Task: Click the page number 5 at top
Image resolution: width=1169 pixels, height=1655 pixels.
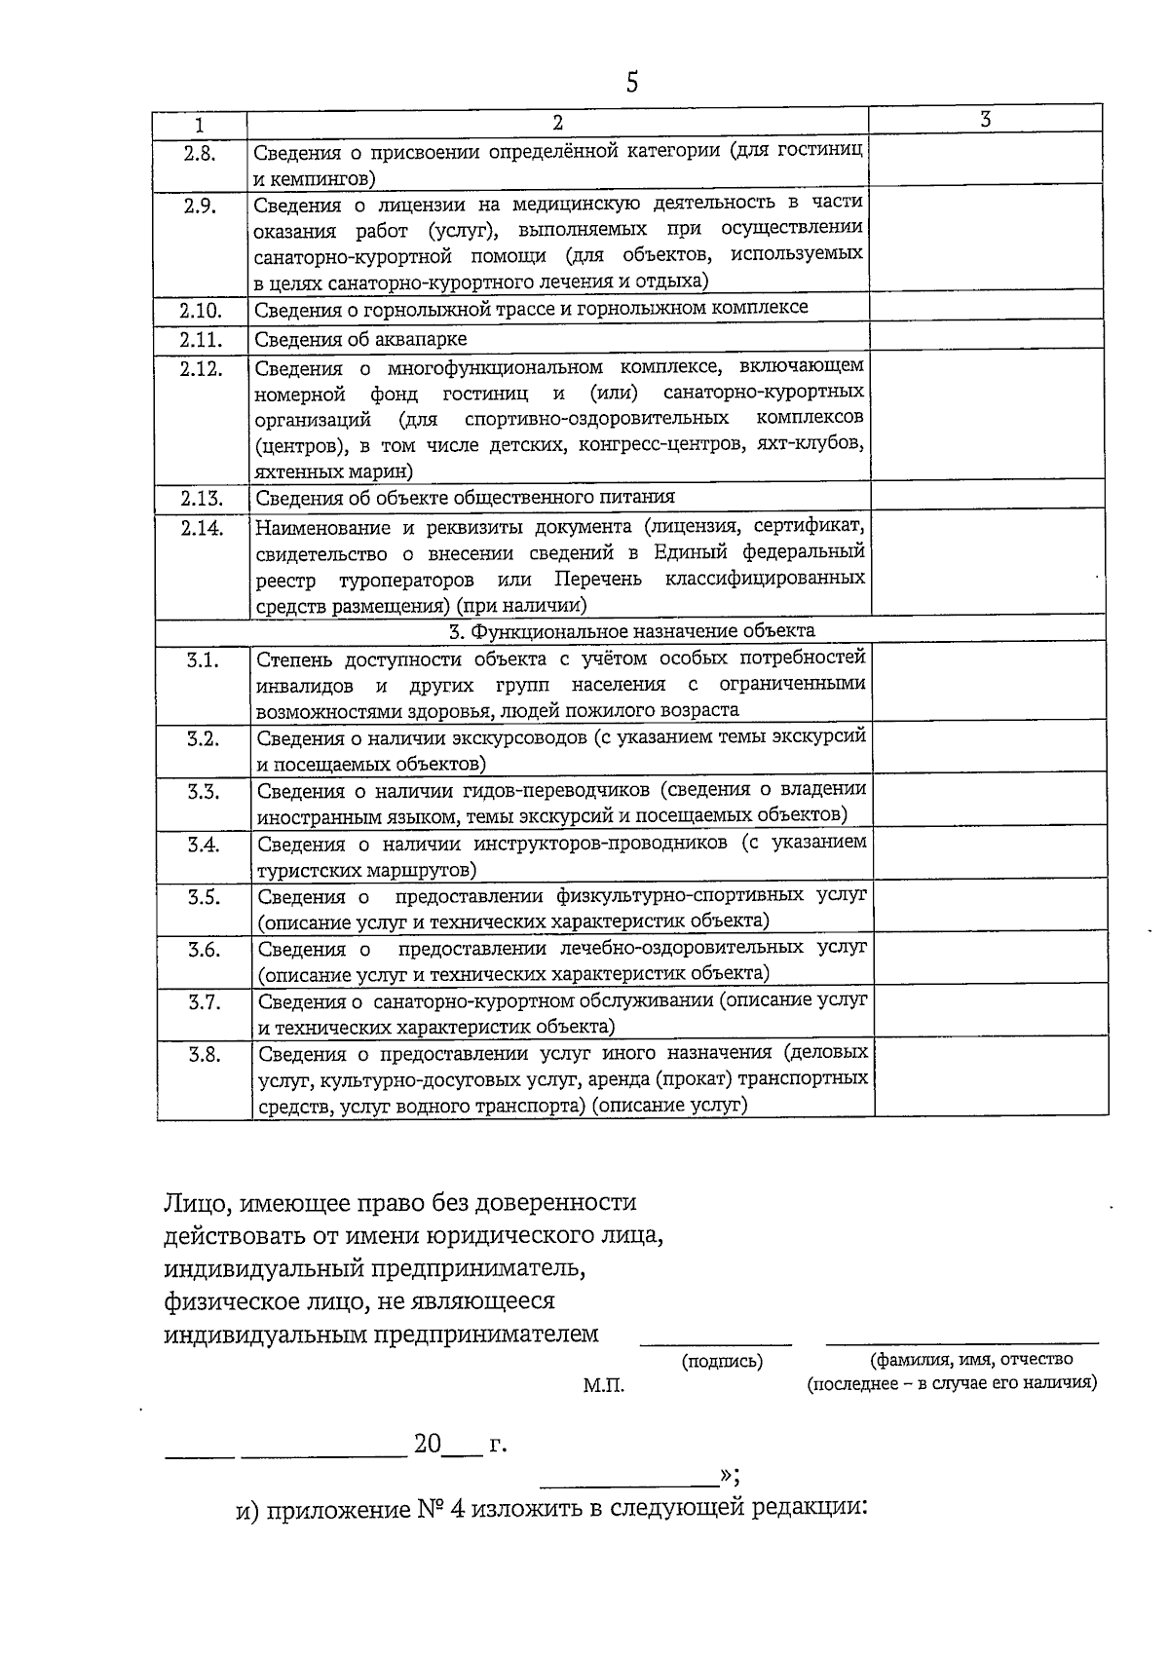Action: pos(632,82)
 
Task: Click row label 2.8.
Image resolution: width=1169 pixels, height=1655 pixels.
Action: pos(200,152)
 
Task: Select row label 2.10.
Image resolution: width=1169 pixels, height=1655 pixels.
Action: pos(200,311)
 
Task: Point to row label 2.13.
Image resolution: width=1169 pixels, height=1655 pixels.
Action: pos(202,499)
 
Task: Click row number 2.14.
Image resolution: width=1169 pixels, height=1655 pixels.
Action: pos(202,528)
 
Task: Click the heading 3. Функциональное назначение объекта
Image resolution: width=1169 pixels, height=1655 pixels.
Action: pos(632,630)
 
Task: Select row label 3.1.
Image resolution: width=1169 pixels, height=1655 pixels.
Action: pos(203,659)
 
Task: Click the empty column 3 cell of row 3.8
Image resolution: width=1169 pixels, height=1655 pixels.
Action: pos(991,1077)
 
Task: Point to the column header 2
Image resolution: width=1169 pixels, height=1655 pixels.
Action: pos(557,123)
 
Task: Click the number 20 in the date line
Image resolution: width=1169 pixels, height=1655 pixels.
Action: pos(428,1444)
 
